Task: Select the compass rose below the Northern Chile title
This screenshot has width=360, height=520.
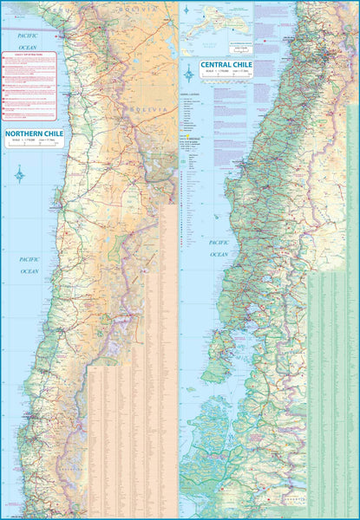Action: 19,177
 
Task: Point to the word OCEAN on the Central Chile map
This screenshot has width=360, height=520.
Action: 219,254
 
